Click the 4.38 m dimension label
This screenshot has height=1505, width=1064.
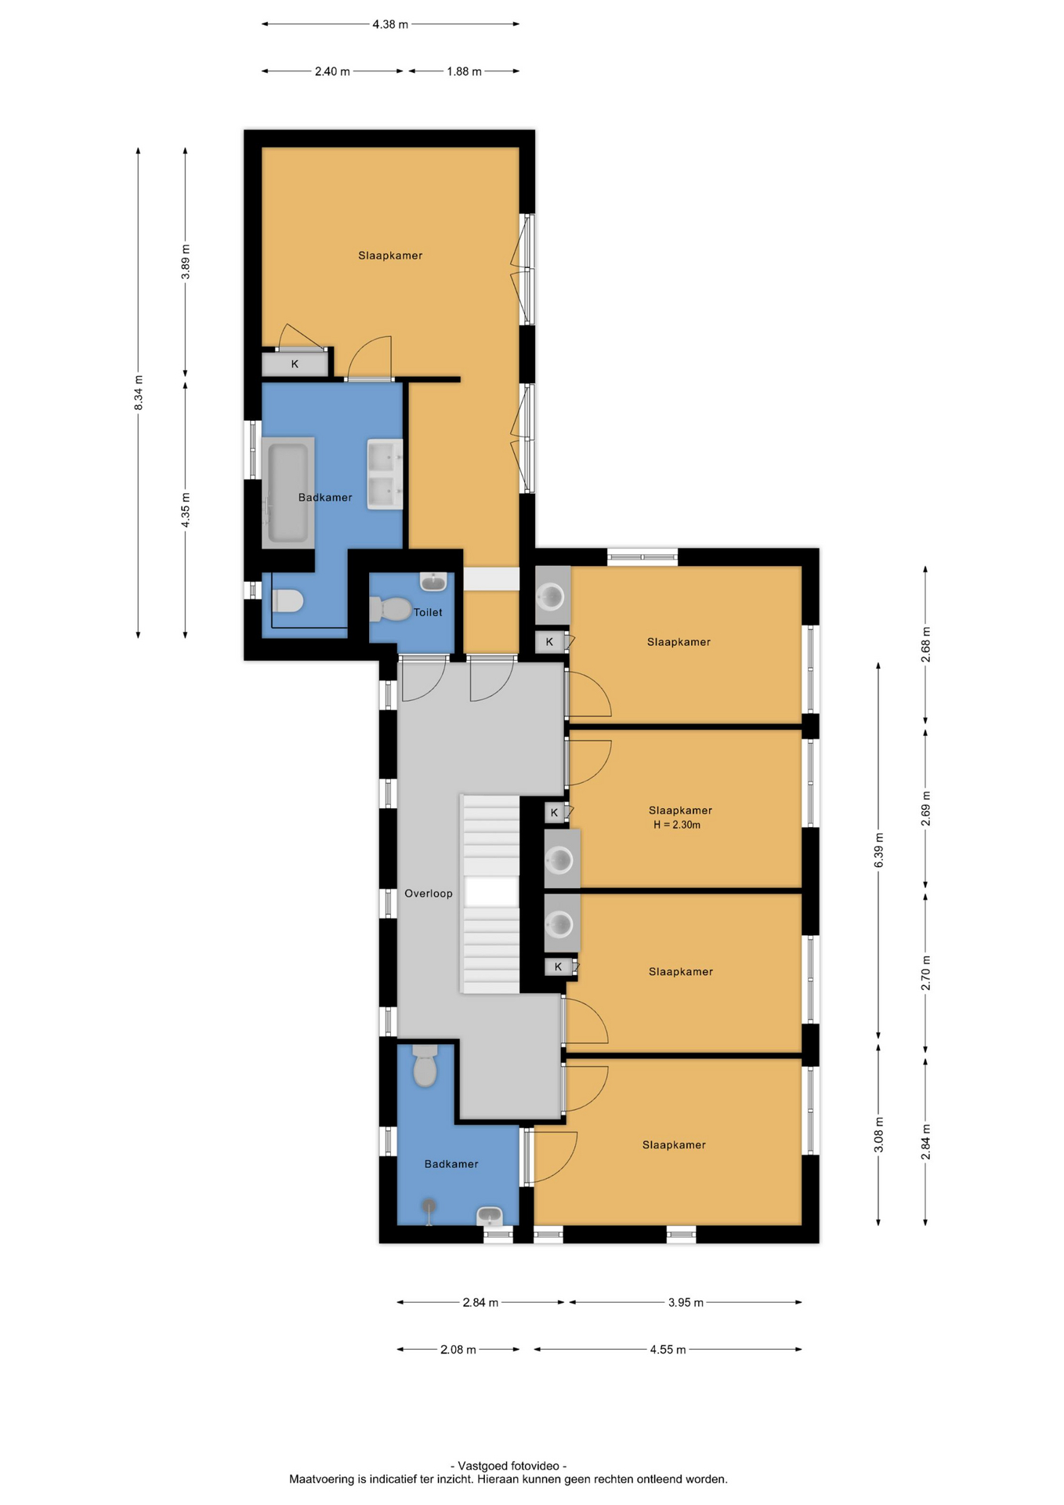[390, 24]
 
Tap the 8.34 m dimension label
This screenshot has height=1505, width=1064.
[139, 393]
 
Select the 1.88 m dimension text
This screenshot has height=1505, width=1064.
[464, 71]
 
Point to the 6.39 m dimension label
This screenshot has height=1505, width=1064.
[879, 850]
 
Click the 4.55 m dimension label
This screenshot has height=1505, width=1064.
[668, 1349]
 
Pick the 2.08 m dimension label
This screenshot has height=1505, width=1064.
[458, 1349]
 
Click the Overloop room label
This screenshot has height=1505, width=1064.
[429, 894]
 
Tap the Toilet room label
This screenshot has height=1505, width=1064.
[428, 612]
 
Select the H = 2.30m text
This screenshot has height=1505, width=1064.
[677, 825]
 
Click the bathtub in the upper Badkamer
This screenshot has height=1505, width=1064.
[288, 492]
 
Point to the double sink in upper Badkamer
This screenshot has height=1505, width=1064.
[385, 474]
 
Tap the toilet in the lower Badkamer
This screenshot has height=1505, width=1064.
[425, 1065]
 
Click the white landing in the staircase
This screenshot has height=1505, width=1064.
[491, 892]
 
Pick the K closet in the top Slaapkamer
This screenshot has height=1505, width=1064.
[295, 364]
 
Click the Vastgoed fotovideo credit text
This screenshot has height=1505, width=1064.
[508, 1465]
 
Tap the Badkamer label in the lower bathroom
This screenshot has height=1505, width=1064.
[451, 1164]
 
